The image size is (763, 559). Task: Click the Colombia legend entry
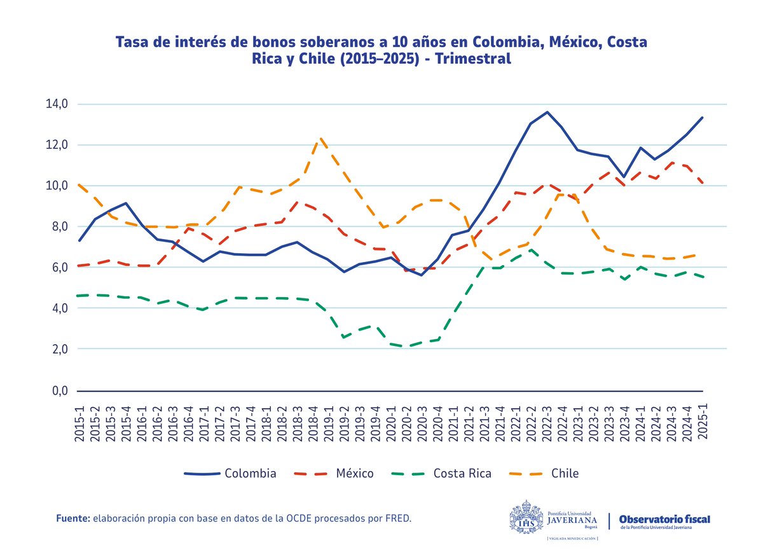[250, 473]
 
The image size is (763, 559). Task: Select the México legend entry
[354, 473]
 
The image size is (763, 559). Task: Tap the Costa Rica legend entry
[462, 473]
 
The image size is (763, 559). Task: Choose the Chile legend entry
[565, 473]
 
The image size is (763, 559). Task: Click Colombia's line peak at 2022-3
[547, 113]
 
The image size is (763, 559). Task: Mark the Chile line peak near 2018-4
[322, 138]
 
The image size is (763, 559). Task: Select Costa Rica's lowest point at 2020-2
[407, 347]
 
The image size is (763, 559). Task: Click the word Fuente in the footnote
[72, 519]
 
